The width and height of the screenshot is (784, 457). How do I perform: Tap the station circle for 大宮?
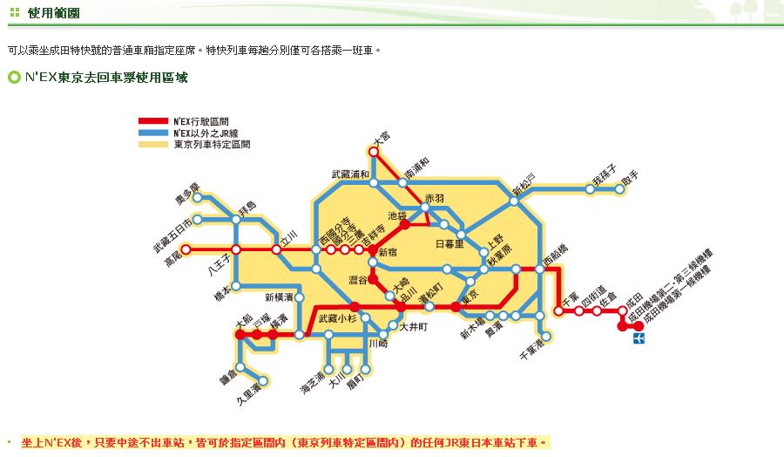click(x=374, y=151)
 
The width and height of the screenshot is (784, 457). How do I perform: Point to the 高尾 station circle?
click(x=185, y=249)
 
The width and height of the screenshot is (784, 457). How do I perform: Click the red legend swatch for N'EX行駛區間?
click(x=153, y=120)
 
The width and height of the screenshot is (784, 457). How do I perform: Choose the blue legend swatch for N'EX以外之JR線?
click(x=153, y=133)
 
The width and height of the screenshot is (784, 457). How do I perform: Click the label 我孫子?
click(x=605, y=177)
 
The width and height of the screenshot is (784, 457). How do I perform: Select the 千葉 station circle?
click(x=558, y=310)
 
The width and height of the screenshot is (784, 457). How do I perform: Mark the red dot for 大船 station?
click(x=240, y=334)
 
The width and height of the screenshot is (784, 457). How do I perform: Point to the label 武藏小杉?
click(x=337, y=318)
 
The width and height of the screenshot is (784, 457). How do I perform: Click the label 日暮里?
click(x=450, y=244)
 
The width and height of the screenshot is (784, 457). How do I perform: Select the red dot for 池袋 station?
click(x=405, y=225)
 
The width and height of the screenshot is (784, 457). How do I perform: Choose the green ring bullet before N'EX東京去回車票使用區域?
click(x=14, y=78)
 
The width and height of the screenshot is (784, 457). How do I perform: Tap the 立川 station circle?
click(x=277, y=249)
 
